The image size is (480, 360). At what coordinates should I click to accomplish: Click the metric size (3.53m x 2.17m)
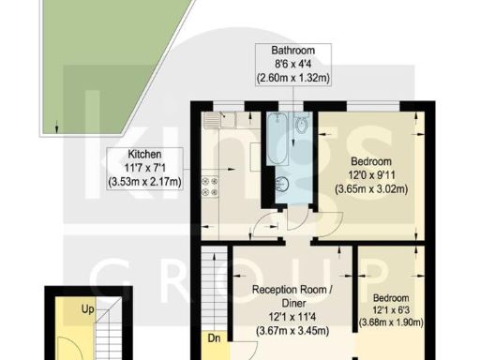[144, 182]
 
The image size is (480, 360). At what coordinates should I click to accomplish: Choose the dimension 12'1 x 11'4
[292, 318]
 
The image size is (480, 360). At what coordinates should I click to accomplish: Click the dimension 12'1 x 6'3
[393, 310]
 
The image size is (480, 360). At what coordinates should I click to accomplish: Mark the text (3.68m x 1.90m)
[393, 324]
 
